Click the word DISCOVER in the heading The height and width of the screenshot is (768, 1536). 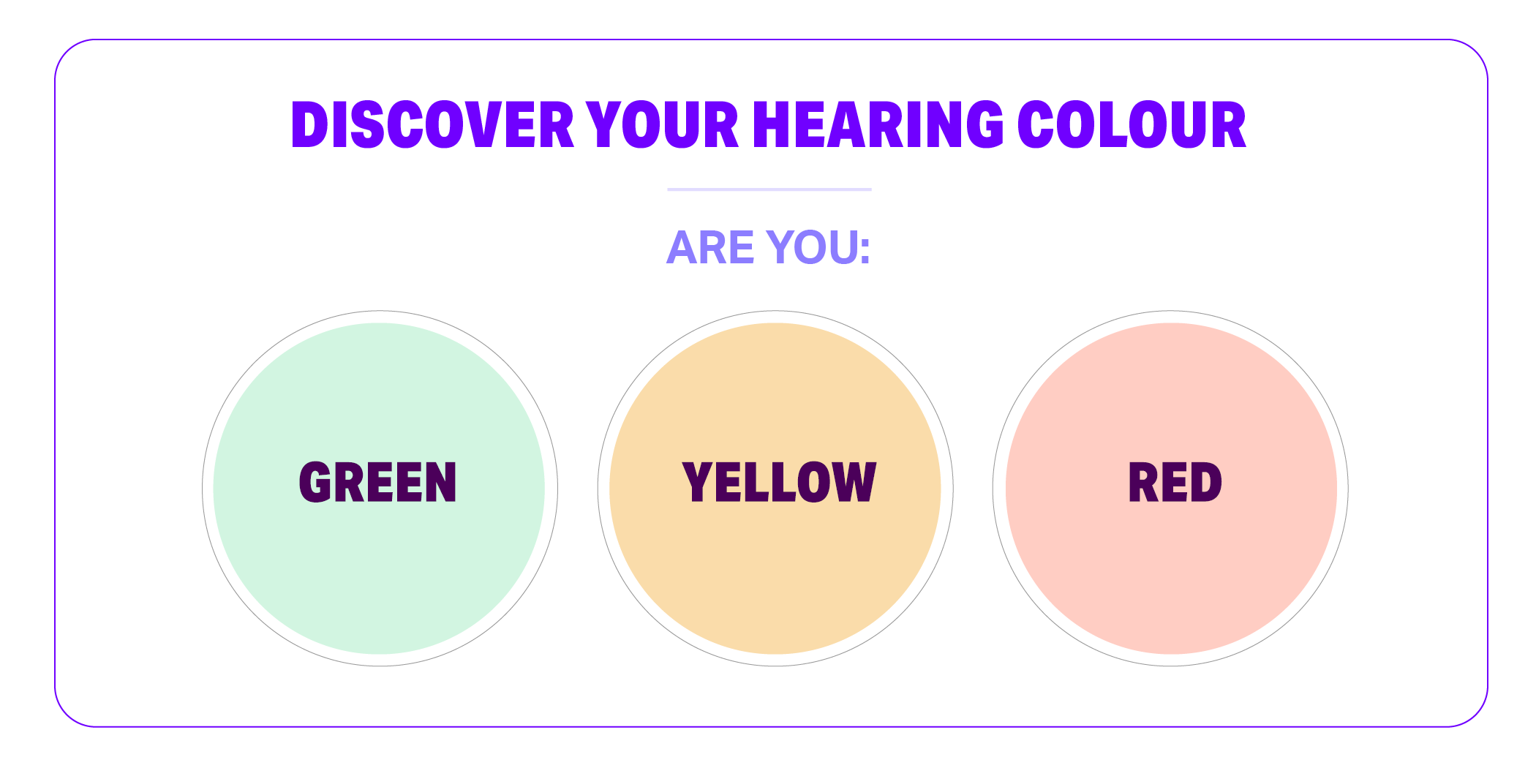point(432,125)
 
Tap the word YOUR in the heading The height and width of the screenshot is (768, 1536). point(663,125)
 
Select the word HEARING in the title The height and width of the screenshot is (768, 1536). point(878,125)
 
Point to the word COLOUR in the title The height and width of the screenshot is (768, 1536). point(1132,125)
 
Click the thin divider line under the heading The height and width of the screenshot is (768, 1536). point(769,189)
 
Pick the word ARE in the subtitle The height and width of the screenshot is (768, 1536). point(709,247)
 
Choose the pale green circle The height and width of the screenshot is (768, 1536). point(379,489)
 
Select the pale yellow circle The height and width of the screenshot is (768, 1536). point(775,489)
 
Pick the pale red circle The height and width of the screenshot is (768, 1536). point(1171,489)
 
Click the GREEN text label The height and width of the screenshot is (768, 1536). point(378,482)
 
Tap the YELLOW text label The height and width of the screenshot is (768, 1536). point(779,482)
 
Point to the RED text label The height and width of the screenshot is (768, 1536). point(1175,482)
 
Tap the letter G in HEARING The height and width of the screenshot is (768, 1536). point(985,125)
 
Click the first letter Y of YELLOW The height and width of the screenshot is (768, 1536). point(698,482)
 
